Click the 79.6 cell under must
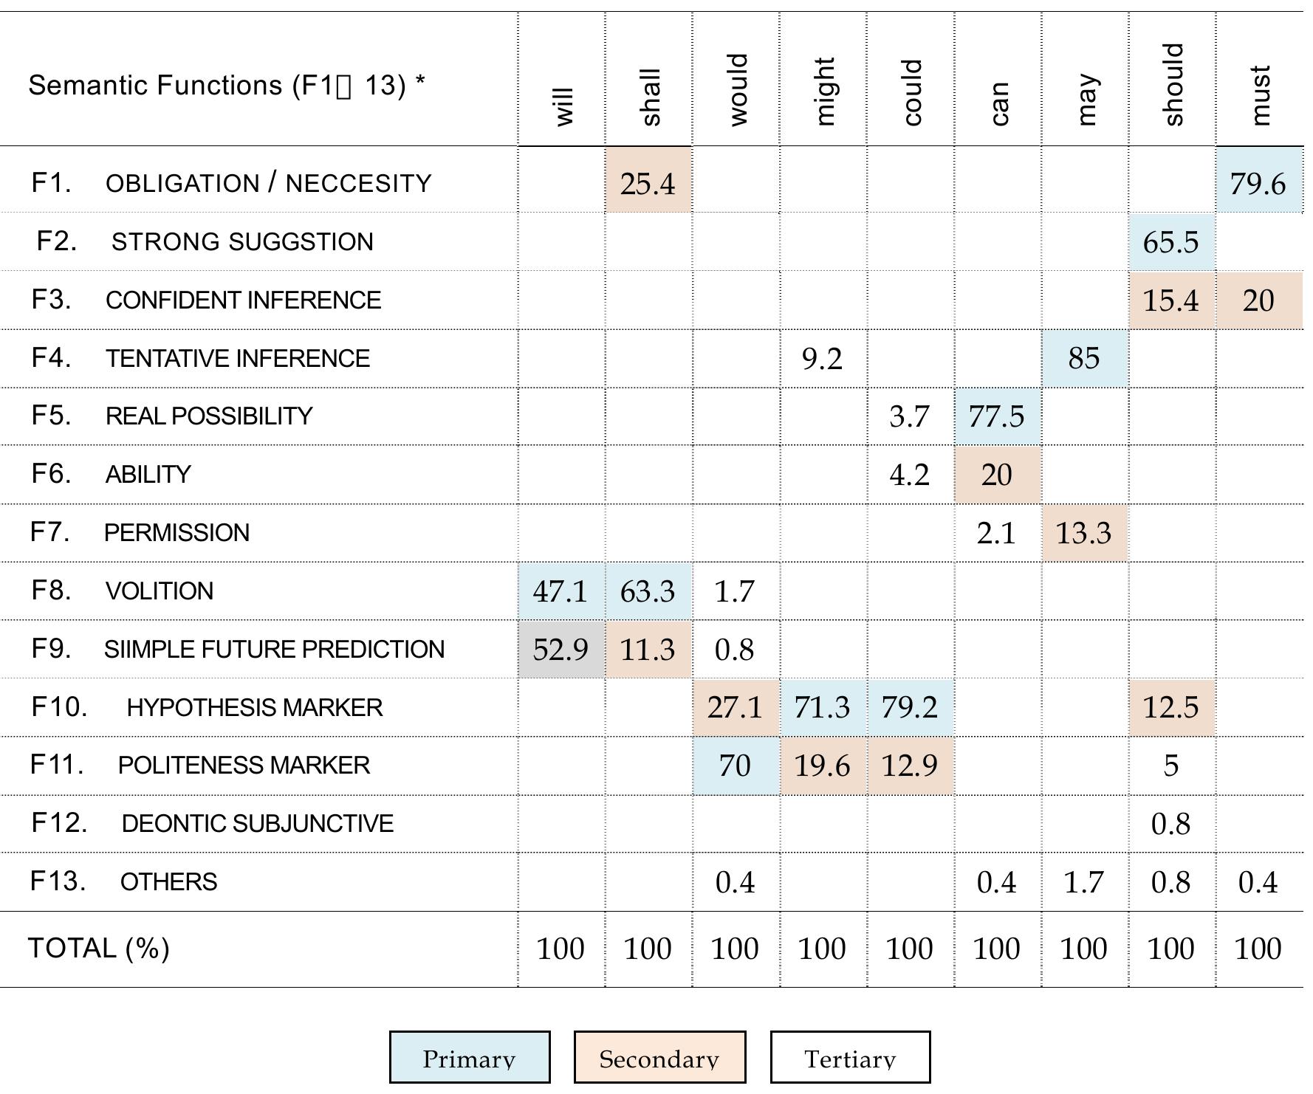tap(1258, 182)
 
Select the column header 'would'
tap(736, 89)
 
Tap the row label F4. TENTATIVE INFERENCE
tap(200, 358)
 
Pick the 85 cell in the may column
tap(1083, 358)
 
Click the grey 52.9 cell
tap(560, 649)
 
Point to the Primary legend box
tap(470, 1057)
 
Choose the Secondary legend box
tap(659, 1057)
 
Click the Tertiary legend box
tap(850, 1057)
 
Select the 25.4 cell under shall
tap(648, 182)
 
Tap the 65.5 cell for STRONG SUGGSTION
tap(1170, 241)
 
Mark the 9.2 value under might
tap(822, 359)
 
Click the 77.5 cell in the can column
tap(996, 416)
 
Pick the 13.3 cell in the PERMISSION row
tap(1083, 532)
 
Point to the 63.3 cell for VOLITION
tap(648, 591)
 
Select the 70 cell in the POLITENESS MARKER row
tap(735, 766)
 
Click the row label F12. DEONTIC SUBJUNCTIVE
tap(212, 823)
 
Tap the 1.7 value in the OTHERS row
tap(1083, 882)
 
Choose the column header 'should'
tap(1172, 84)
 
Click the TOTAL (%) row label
tap(99, 948)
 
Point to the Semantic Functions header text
tap(226, 86)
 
